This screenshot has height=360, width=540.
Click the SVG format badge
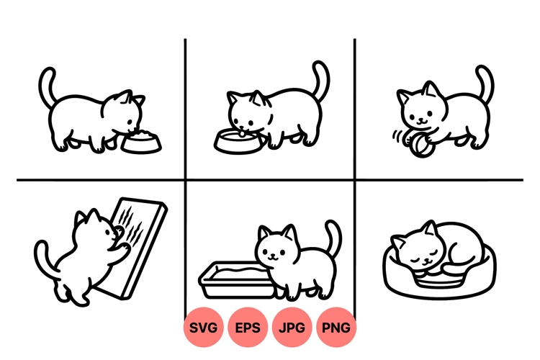tap(204, 328)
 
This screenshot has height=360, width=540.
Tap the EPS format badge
tap(248, 328)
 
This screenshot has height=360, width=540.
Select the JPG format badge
tap(292, 328)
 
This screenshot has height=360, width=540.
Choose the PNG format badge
tap(336, 328)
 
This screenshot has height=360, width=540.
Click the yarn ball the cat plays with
tap(421, 146)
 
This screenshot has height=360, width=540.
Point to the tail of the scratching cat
tap(42, 259)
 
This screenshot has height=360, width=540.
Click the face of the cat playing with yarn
tap(417, 109)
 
